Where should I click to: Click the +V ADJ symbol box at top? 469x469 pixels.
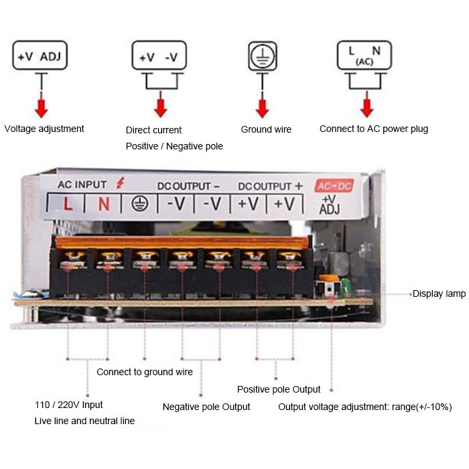click(x=40, y=56)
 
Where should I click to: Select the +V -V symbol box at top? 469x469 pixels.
click(x=158, y=57)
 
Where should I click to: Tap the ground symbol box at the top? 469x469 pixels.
click(x=262, y=56)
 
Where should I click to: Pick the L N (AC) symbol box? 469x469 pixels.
click(x=364, y=56)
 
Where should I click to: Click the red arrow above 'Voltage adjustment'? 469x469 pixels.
click(x=42, y=107)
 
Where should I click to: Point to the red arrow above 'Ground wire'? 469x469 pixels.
click(x=262, y=107)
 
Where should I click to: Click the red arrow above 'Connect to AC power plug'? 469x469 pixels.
click(x=366, y=107)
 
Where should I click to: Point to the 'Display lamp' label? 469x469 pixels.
click(x=439, y=293)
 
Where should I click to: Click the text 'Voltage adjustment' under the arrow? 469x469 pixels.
click(x=44, y=129)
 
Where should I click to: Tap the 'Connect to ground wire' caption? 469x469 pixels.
click(x=145, y=372)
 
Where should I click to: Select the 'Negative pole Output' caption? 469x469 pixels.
click(x=206, y=407)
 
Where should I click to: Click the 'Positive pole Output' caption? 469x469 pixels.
click(x=279, y=389)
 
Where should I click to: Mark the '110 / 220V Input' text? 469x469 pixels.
click(x=69, y=405)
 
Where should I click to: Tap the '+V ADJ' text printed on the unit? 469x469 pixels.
click(x=330, y=204)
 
